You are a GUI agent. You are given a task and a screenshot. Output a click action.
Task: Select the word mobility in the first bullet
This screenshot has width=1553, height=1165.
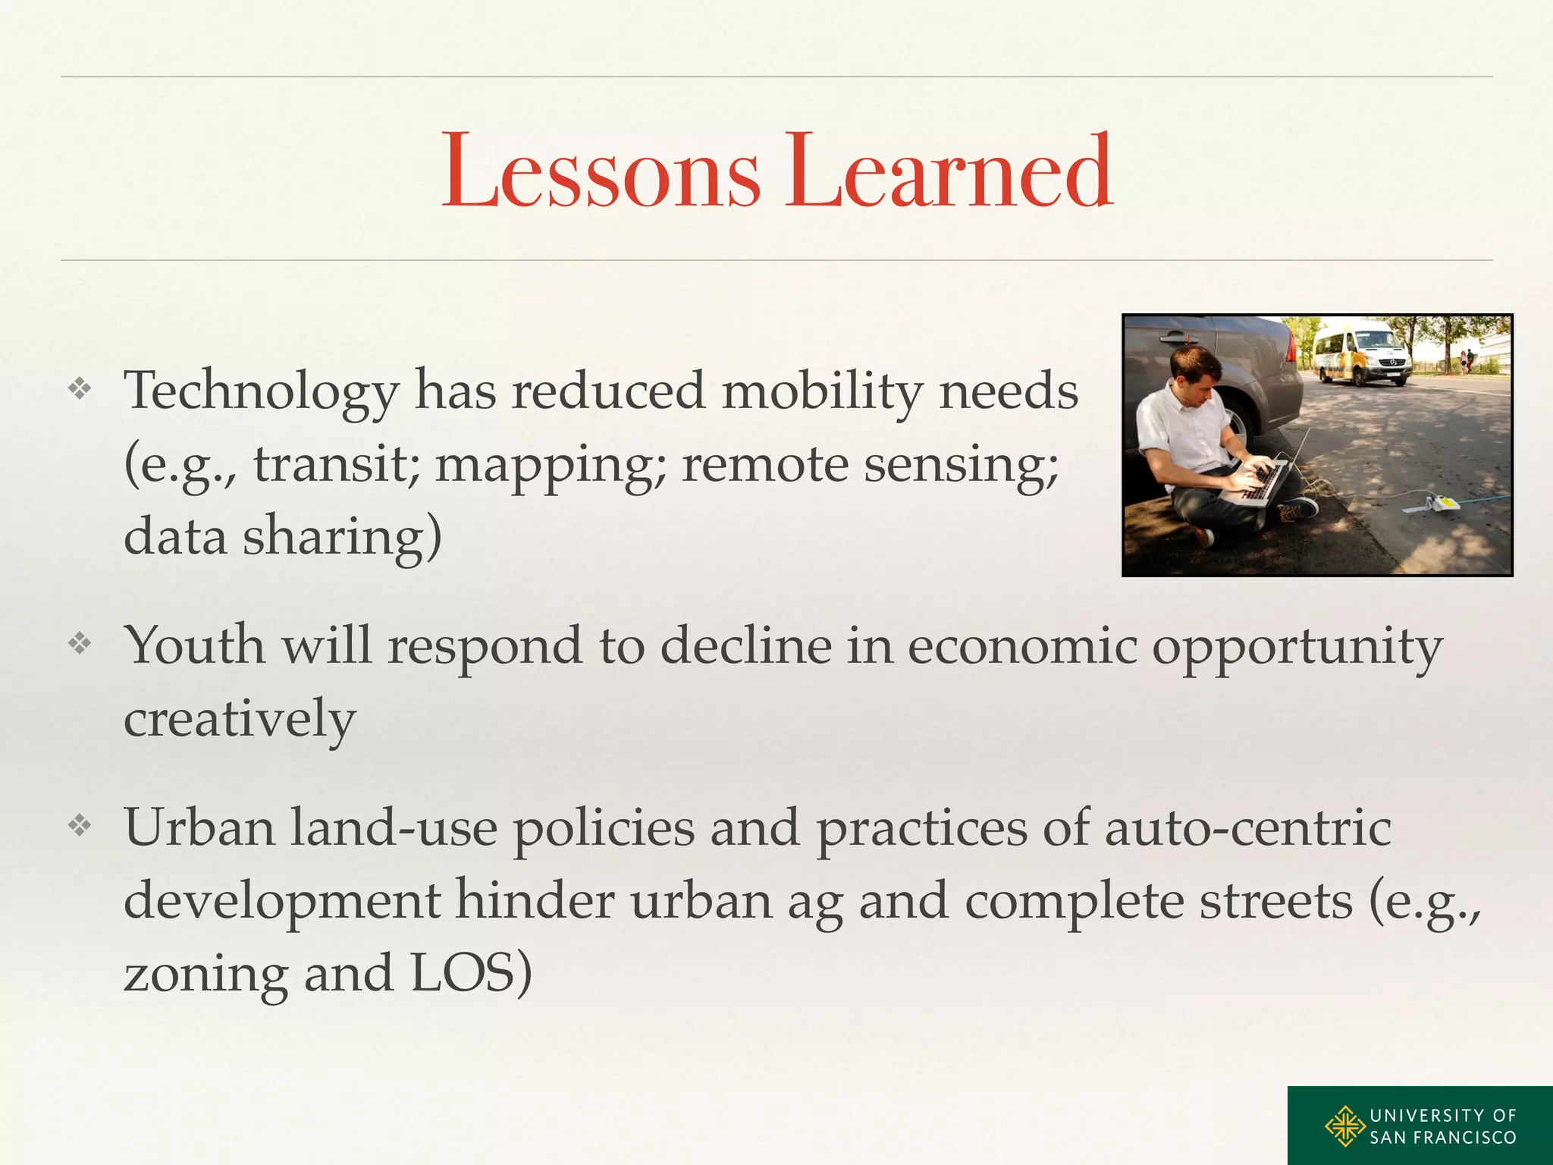[822, 391]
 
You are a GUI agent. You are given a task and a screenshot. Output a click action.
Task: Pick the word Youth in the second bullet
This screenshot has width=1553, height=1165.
[195, 645]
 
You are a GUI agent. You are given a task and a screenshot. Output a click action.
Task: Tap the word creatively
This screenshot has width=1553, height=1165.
[240, 718]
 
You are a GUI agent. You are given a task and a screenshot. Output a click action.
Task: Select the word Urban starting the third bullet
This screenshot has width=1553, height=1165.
[199, 827]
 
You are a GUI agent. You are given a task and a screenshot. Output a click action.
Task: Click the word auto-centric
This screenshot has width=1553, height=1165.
[1247, 827]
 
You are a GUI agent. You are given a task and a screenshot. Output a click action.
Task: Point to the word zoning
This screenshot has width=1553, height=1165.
[205, 975]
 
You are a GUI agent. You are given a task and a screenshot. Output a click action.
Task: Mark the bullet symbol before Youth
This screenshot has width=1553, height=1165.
[80, 644]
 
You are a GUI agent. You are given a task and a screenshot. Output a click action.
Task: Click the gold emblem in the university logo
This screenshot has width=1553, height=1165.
[1345, 1126]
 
